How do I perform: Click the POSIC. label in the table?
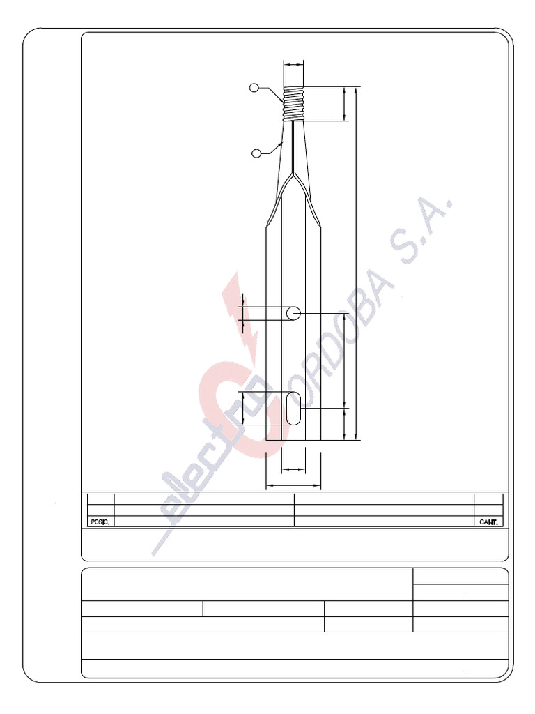click(x=100, y=522)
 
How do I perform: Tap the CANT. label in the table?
click(x=488, y=522)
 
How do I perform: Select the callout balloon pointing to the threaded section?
click(x=254, y=87)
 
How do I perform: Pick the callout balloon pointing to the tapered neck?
click(x=256, y=153)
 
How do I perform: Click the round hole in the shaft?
click(x=293, y=314)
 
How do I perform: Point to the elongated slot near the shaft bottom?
click(x=293, y=409)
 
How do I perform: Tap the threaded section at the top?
click(x=293, y=103)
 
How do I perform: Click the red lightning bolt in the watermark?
click(x=241, y=314)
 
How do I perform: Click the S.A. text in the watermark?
click(x=421, y=230)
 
